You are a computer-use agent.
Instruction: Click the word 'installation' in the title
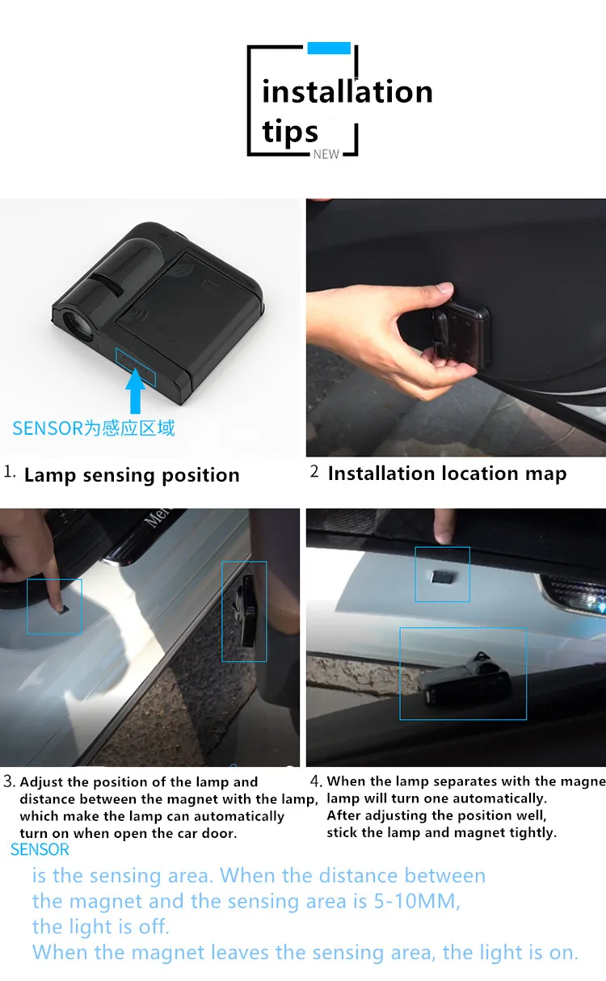coord(347,92)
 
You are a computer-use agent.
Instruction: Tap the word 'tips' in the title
coord(290,132)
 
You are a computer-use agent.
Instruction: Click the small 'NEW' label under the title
coord(326,154)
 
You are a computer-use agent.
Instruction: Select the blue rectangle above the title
coord(329,48)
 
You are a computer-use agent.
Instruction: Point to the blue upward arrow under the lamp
coord(135,390)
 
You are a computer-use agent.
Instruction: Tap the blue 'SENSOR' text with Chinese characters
coord(94,427)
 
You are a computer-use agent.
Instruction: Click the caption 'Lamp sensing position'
coord(132,475)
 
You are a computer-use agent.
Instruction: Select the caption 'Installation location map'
coord(447,474)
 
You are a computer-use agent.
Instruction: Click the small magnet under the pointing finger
coord(62,609)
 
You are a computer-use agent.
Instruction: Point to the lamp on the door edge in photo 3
coord(246,612)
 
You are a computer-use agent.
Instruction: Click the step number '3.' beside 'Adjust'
coord(9,781)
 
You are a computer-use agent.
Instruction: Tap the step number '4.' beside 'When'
coord(316,781)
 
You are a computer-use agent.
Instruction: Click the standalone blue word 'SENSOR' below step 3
coord(40,849)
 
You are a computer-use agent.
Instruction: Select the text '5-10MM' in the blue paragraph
coord(416,901)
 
